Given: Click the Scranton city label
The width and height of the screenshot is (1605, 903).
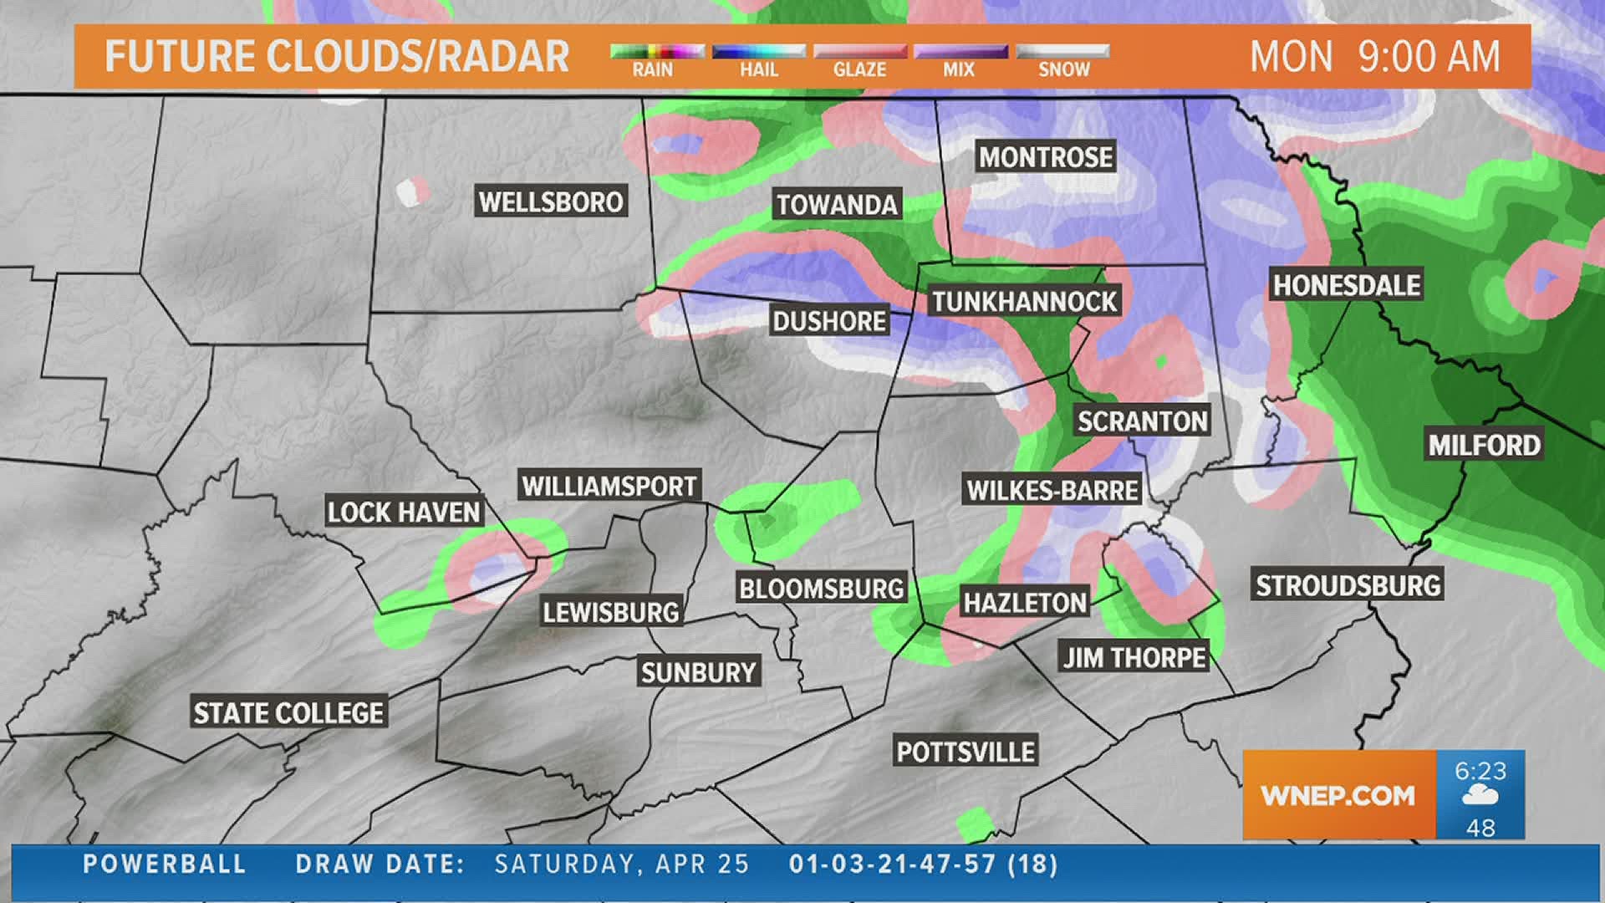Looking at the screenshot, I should click(1142, 421).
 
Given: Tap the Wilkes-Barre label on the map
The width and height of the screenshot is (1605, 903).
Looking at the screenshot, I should click(1052, 490).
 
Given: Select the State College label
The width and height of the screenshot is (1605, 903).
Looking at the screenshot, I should click(288, 712).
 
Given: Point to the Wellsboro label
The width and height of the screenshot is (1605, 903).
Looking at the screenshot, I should click(551, 202).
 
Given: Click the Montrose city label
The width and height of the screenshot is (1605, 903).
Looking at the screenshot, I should click(1046, 157).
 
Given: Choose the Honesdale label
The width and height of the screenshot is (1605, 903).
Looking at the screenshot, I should click(1346, 285).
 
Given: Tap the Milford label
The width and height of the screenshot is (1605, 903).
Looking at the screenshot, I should click(1484, 445).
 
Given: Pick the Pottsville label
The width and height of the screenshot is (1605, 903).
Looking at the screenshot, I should click(966, 752).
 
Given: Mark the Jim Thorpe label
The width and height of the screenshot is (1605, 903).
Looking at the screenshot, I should click(1134, 657).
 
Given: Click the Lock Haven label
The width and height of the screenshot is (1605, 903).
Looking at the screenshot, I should click(404, 512).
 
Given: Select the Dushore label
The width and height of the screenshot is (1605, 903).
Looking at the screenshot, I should click(829, 321).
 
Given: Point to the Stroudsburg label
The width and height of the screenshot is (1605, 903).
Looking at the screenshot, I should click(1348, 585).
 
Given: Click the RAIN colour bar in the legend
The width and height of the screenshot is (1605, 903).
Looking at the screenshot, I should click(657, 52).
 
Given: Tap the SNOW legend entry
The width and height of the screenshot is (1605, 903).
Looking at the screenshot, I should click(1063, 60).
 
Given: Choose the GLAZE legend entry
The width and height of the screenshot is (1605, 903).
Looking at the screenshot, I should click(859, 60).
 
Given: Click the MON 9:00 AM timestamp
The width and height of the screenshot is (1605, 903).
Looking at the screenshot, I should click(1374, 57).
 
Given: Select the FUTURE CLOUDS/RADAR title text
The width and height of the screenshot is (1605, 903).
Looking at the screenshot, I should click(337, 57).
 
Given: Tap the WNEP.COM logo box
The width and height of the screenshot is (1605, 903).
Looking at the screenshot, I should click(1338, 795).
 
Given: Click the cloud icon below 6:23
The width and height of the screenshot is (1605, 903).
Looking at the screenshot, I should click(1480, 796).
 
